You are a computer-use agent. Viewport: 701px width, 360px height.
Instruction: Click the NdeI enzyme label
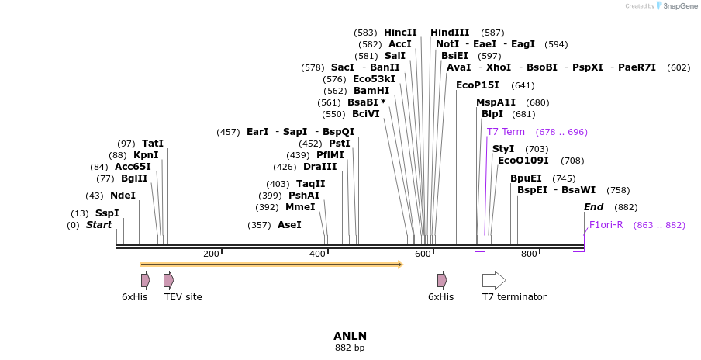(x=123, y=196)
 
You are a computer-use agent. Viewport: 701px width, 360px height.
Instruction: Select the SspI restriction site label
(x=107, y=213)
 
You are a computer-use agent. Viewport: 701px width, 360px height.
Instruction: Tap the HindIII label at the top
(x=450, y=33)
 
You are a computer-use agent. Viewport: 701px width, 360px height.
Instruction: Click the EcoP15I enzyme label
(x=477, y=85)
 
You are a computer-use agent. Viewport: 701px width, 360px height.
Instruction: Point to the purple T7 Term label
(x=506, y=132)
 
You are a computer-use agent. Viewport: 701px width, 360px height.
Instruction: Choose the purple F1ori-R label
(x=606, y=225)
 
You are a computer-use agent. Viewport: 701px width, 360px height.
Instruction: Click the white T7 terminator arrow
(x=494, y=280)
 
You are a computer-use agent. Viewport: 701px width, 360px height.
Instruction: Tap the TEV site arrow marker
(x=169, y=280)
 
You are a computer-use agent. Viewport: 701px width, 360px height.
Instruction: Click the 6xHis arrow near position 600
(x=442, y=280)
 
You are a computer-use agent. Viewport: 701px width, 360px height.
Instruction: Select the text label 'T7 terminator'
(x=514, y=297)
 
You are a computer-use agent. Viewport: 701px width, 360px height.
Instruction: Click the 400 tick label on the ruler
(x=317, y=254)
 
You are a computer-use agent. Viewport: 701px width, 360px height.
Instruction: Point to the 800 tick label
(x=529, y=254)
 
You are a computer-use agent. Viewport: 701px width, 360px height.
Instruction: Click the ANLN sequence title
(x=350, y=336)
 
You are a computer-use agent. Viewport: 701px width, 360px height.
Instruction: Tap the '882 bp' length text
(x=350, y=348)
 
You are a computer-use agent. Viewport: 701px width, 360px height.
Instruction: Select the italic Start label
(x=98, y=225)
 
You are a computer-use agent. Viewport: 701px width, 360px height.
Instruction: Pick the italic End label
(x=593, y=207)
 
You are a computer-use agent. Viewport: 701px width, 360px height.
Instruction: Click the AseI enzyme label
(x=289, y=225)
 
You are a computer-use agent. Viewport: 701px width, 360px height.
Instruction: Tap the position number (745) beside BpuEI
(x=564, y=178)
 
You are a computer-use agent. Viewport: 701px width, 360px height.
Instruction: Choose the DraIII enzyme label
(x=320, y=167)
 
